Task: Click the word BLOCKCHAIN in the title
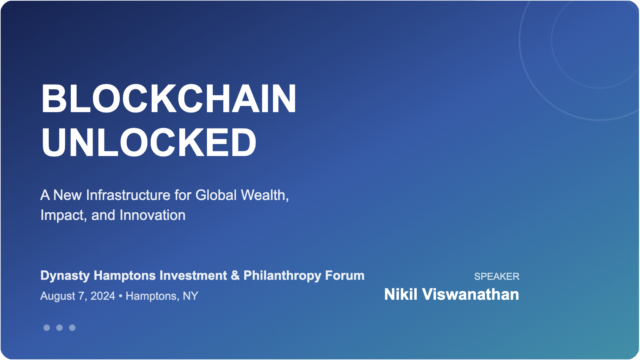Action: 169,99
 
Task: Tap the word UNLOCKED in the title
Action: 149,142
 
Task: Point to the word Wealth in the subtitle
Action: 265,195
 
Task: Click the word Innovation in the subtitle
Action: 152,215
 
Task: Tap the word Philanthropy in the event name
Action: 282,276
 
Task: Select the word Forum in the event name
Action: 345,275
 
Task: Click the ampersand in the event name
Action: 235,275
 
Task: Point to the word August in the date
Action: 58,296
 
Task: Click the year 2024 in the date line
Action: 103,296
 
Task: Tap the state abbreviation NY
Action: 191,296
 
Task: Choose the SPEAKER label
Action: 497,277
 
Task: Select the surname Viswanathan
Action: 470,294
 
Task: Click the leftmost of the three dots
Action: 47,328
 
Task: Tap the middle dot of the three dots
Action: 60,328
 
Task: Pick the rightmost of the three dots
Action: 72,328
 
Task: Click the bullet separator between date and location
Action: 121,296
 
